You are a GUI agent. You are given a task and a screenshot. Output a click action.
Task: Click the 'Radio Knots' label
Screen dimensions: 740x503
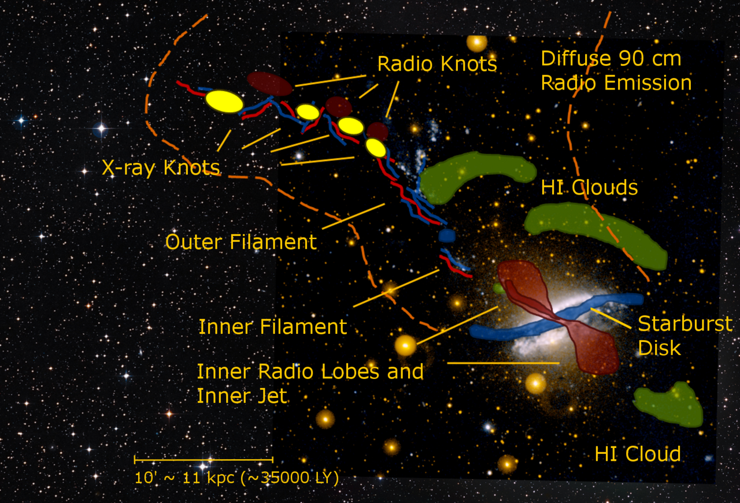coord(437,64)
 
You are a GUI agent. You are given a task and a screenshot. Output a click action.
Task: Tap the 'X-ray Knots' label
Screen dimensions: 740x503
coord(161,167)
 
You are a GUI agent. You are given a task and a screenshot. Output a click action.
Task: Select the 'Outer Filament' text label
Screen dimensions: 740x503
coord(241,241)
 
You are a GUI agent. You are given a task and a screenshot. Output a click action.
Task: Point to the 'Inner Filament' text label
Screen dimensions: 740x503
coord(272,326)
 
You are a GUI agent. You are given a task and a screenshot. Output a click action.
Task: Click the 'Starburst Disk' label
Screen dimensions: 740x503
coord(685,336)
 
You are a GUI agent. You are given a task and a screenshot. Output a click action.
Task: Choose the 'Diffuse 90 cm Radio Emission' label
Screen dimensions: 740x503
coord(616,70)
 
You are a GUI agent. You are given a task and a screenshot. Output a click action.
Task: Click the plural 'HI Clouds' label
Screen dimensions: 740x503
coord(589,188)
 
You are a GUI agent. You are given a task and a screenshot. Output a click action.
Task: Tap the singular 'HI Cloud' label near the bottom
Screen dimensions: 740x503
coord(638,454)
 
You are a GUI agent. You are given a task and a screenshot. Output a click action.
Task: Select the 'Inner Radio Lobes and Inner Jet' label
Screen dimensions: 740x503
coord(310,383)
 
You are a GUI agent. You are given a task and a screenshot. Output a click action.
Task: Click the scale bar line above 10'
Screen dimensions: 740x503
coord(203,459)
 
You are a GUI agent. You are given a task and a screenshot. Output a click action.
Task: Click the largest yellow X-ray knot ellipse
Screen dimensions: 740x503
coord(224,101)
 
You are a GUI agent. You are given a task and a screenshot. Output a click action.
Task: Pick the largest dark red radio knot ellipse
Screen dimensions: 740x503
coord(270,84)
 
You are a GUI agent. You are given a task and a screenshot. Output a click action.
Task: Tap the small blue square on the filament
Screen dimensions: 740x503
coord(447,236)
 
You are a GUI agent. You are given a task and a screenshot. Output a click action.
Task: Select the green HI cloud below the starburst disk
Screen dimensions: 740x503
coord(669,404)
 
